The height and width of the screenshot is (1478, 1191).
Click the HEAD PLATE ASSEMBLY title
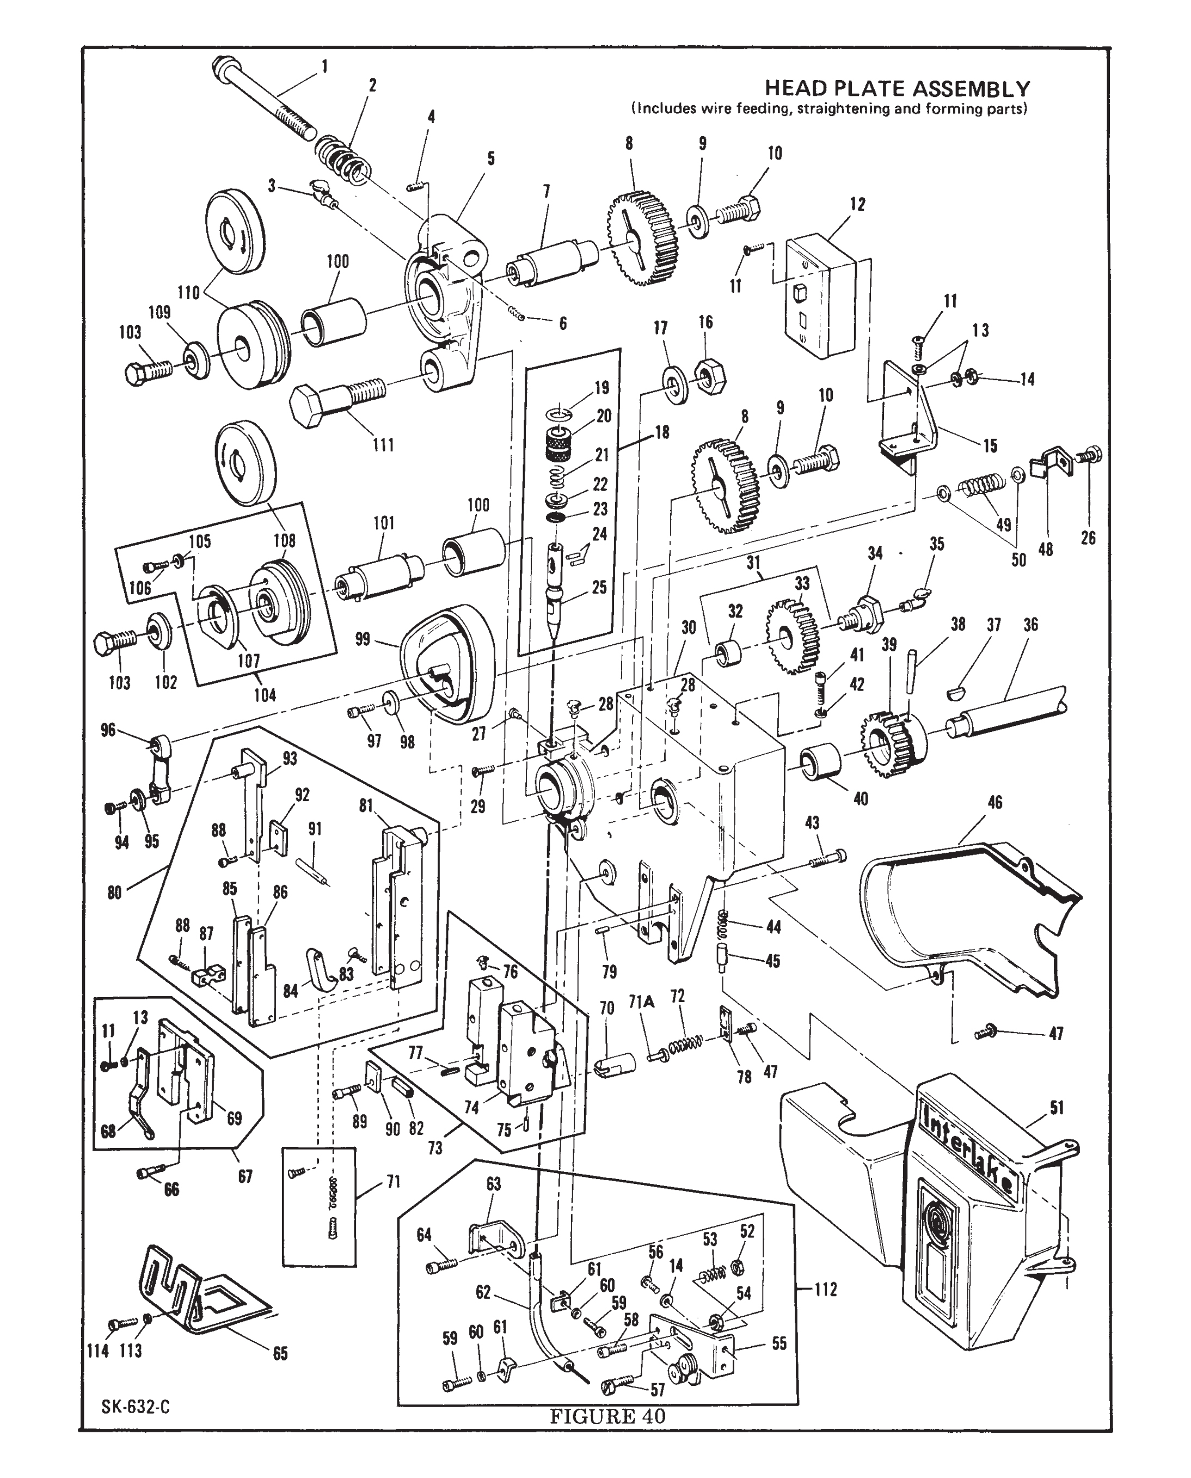[x=898, y=89]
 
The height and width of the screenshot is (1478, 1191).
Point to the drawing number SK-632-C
[x=136, y=1407]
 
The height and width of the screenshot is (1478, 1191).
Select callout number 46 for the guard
[x=995, y=802]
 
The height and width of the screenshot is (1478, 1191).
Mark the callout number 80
[x=114, y=893]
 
